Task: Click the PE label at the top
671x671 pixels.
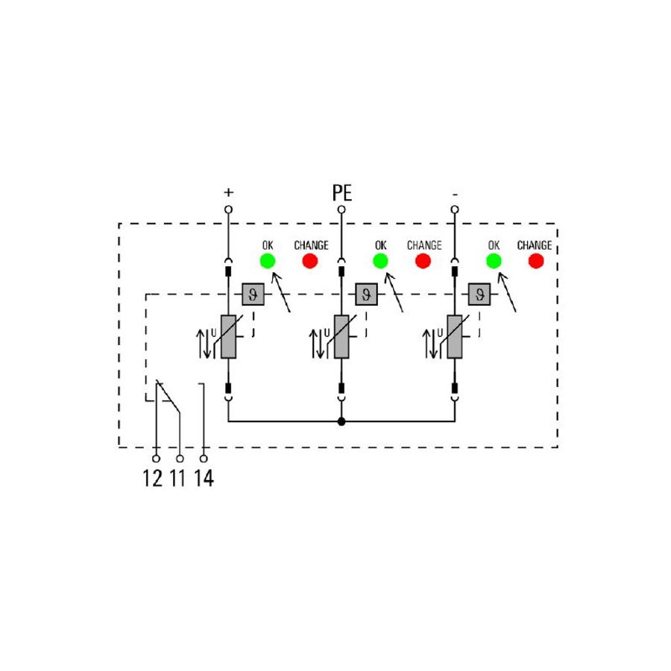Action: (x=342, y=193)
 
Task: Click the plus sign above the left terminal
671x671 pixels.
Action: (x=229, y=192)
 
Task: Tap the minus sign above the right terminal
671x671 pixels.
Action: (x=455, y=195)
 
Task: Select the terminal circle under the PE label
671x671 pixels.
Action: (x=341, y=210)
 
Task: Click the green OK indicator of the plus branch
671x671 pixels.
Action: (x=268, y=261)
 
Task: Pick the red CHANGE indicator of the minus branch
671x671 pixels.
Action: (x=536, y=261)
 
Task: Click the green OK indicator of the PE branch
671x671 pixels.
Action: (x=380, y=261)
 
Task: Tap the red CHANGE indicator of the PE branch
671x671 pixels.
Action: (x=423, y=261)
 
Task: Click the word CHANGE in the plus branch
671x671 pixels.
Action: (x=311, y=245)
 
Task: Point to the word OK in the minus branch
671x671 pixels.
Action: (x=494, y=245)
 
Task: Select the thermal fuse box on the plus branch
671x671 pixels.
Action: (x=253, y=294)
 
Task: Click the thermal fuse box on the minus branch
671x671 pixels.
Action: (x=479, y=294)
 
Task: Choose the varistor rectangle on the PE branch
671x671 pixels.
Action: (x=341, y=337)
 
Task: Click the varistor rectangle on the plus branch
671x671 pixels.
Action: (x=229, y=337)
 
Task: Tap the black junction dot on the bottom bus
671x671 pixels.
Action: (x=341, y=421)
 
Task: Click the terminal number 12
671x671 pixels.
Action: (x=152, y=478)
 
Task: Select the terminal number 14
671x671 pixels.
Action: (x=204, y=478)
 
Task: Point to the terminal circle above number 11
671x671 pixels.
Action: (x=180, y=459)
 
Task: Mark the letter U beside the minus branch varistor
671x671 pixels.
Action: (x=439, y=333)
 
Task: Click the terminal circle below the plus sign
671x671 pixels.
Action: (x=229, y=210)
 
